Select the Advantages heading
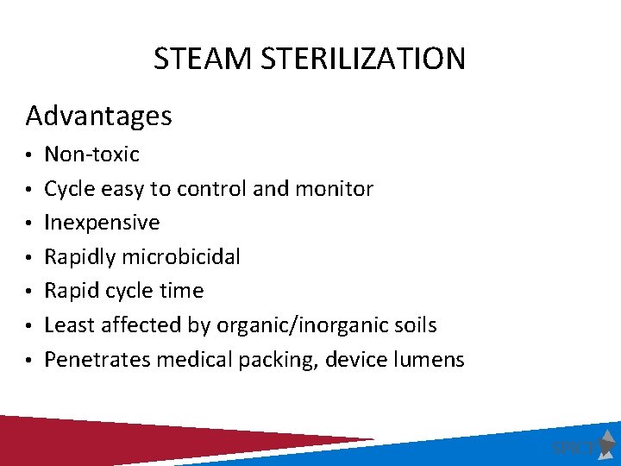click(x=99, y=115)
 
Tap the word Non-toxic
click(x=91, y=154)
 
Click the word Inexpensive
click(x=102, y=223)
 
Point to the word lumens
click(x=431, y=359)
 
